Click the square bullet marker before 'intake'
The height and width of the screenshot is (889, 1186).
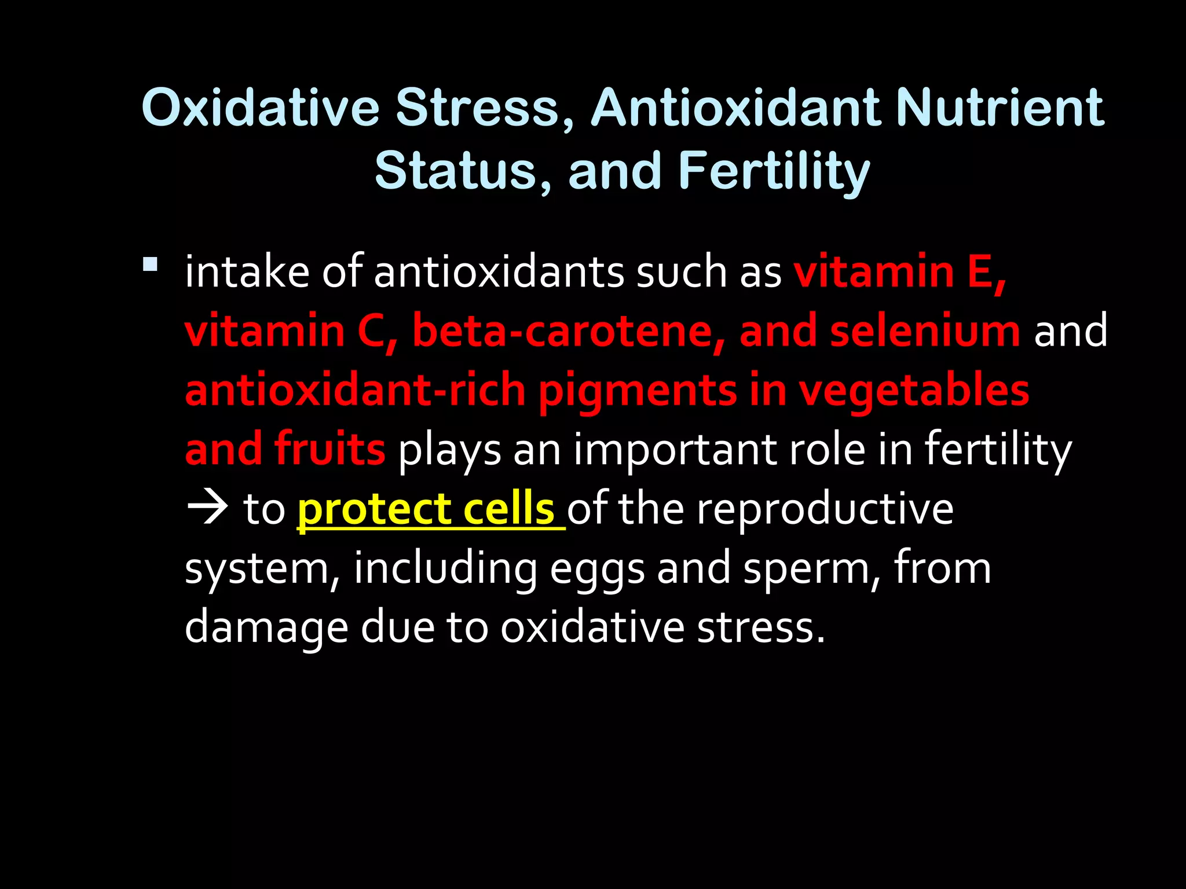tap(150, 265)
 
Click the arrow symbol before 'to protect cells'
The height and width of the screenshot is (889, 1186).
tap(207, 509)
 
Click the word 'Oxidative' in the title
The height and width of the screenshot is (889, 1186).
tap(260, 108)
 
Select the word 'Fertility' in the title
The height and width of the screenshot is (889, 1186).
tap(774, 171)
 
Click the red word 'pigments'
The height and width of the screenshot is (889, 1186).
tap(638, 391)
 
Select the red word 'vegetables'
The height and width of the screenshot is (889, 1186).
tap(913, 391)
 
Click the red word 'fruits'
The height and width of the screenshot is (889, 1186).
tap(330, 450)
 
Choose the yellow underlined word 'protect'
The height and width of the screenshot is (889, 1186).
tap(374, 510)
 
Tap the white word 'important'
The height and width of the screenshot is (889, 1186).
tap(675, 451)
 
